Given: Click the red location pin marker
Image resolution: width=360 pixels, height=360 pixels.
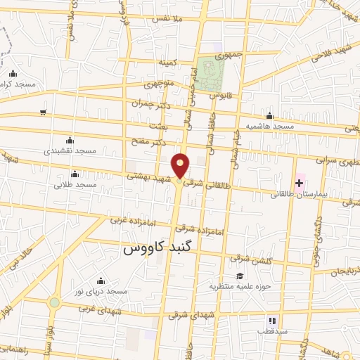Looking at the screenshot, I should pos(181,166).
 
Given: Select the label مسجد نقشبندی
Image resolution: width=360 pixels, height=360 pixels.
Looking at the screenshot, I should pos(70,151).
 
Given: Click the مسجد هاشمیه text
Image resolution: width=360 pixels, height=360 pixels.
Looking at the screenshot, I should pos(270,127).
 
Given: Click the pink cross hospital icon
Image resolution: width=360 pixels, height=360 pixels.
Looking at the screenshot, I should pos(299,182).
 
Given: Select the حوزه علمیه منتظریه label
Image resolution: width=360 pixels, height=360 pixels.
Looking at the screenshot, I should pos(238,286).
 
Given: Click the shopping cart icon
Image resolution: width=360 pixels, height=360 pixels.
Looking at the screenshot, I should pos(44,112).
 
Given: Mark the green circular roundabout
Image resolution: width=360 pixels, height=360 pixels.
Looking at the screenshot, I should pos(54,302).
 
